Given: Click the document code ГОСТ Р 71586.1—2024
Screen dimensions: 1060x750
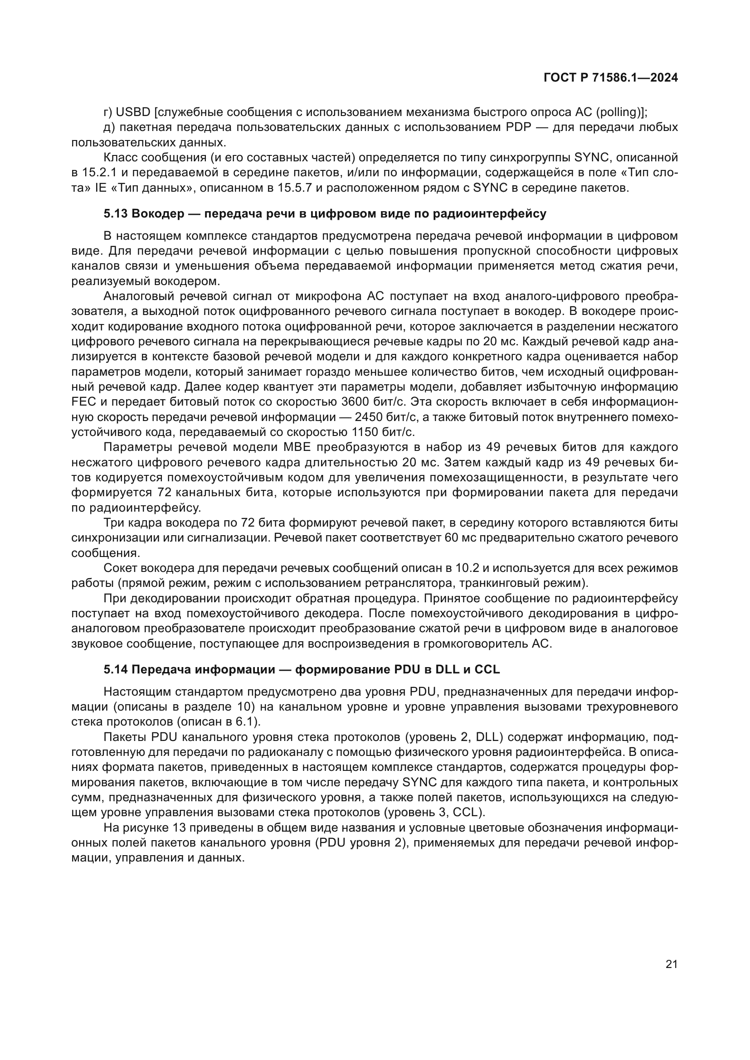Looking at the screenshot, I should (x=610, y=78).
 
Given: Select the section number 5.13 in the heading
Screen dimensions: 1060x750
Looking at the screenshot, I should (x=116, y=214).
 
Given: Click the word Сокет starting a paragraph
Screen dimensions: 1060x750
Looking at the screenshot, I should (x=121, y=568).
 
